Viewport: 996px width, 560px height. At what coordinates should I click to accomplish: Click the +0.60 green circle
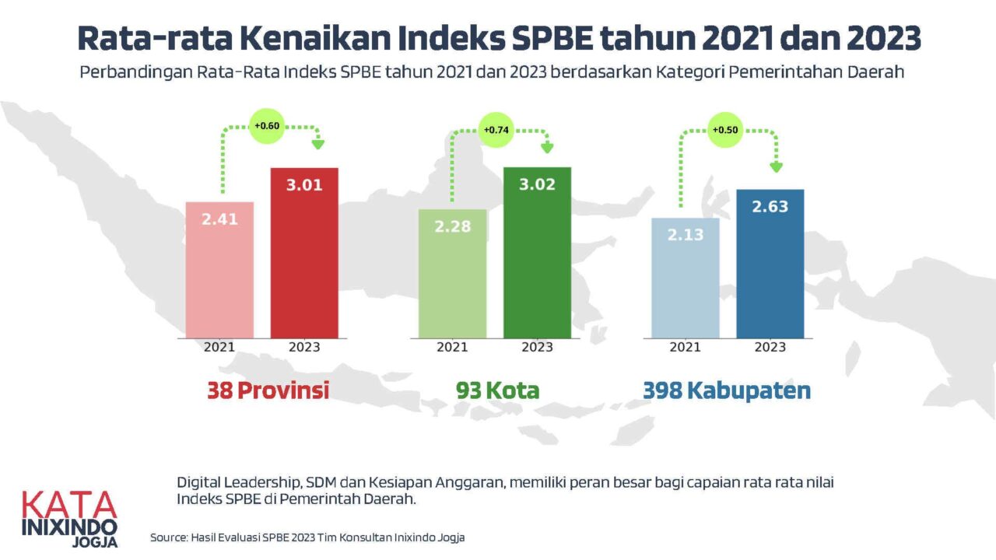tap(267, 125)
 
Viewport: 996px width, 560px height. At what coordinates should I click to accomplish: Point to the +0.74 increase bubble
tap(496, 130)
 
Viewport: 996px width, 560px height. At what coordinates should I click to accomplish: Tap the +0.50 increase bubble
tap(724, 130)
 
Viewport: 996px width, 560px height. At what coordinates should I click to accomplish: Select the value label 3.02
tap(537, 186)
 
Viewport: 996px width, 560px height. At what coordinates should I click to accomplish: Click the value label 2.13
tap(686, 234)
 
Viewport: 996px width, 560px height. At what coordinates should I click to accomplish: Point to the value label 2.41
tap(219, 219)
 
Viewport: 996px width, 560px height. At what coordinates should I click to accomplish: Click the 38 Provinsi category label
tap(268, 390)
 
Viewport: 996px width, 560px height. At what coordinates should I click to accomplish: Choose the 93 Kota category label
tap(498, 390)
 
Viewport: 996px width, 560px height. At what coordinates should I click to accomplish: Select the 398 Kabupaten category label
tap(727, 390)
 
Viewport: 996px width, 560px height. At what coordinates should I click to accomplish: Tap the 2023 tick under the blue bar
tap(770, 347)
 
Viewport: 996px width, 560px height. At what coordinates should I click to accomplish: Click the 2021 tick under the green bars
tap(452, 347)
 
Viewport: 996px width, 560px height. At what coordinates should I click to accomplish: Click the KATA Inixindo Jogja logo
tap(70, 518)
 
